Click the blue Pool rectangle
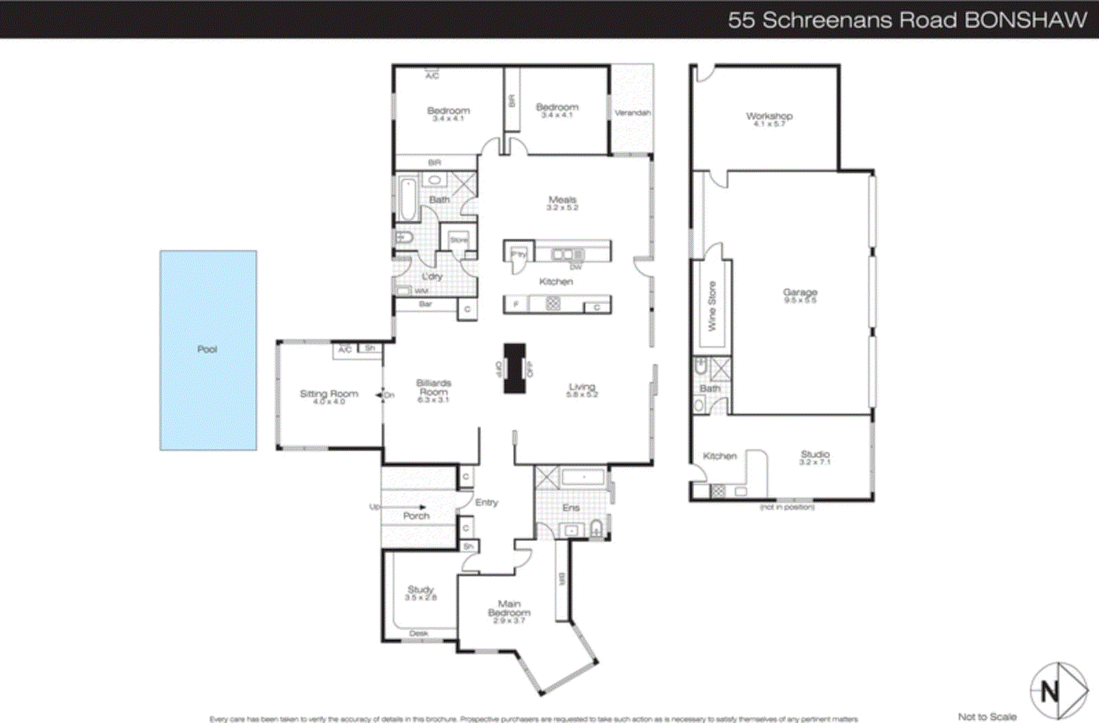point(208,351)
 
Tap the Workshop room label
point(769,116)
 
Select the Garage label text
point(800,293)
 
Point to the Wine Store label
point(712,306)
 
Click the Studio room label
point(815,454)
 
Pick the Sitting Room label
point(329,394)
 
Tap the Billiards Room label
point(433,388)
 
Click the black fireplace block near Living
point(514,368)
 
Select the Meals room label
point(563,200)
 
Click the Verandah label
point(632,113)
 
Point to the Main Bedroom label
point(509,608)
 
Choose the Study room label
point(420,590)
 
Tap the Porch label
point(416,515)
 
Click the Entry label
point(486,502)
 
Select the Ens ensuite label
point(571,508)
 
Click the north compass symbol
point(1058,691)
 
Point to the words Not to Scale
point(987,717)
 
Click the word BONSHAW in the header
point(1026,20)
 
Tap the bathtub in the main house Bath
point(408,199)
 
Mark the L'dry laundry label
point(432,276)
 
